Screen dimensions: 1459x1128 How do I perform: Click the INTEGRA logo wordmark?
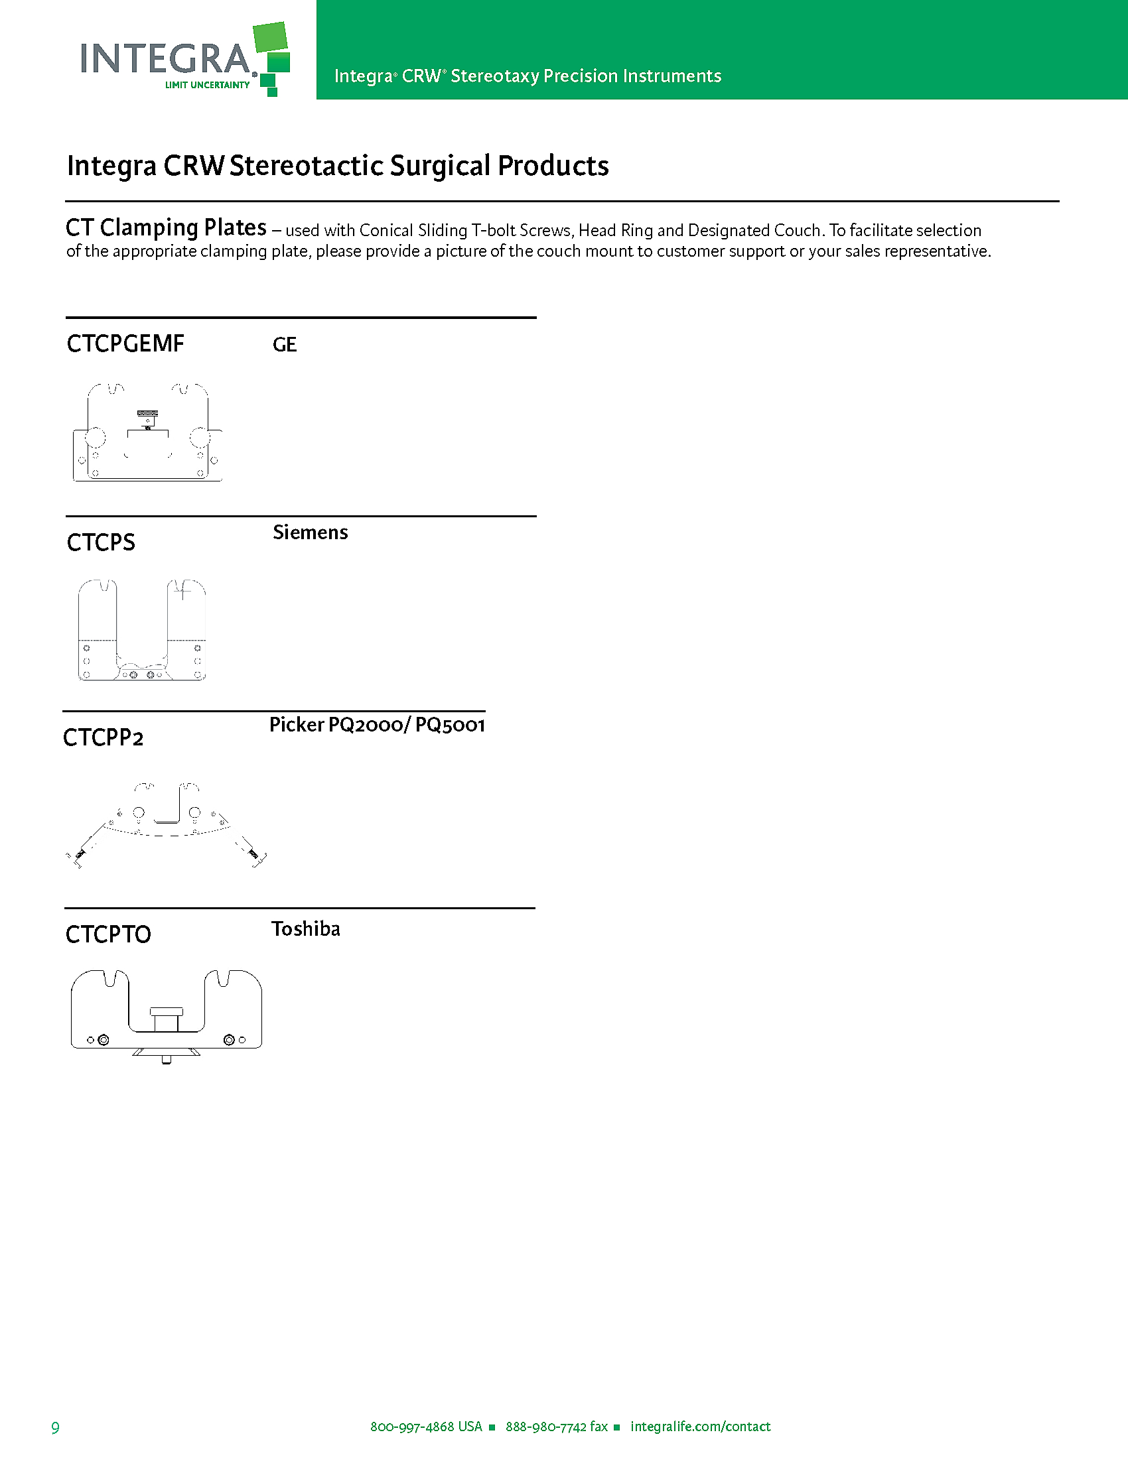166,59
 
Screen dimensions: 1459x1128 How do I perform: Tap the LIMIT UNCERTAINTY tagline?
207,85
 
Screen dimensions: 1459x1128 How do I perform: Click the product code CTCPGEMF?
125,344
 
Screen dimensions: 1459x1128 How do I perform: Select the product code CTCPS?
101,542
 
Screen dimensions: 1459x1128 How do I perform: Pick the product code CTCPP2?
103,738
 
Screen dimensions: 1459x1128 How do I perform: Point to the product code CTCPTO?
108,934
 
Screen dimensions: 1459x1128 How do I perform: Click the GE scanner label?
285,345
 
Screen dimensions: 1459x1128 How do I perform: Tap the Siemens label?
310,533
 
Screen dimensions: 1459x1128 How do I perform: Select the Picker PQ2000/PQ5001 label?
377,725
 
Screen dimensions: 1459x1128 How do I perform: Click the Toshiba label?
305,929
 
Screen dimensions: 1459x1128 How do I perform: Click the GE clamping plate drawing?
147,433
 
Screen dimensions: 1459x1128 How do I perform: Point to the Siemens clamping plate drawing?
142,630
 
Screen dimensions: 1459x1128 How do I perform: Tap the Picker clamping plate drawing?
166,826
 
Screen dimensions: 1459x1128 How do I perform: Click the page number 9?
56,1428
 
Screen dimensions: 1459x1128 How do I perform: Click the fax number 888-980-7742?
546,1427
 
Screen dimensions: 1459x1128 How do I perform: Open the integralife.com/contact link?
700,1427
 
